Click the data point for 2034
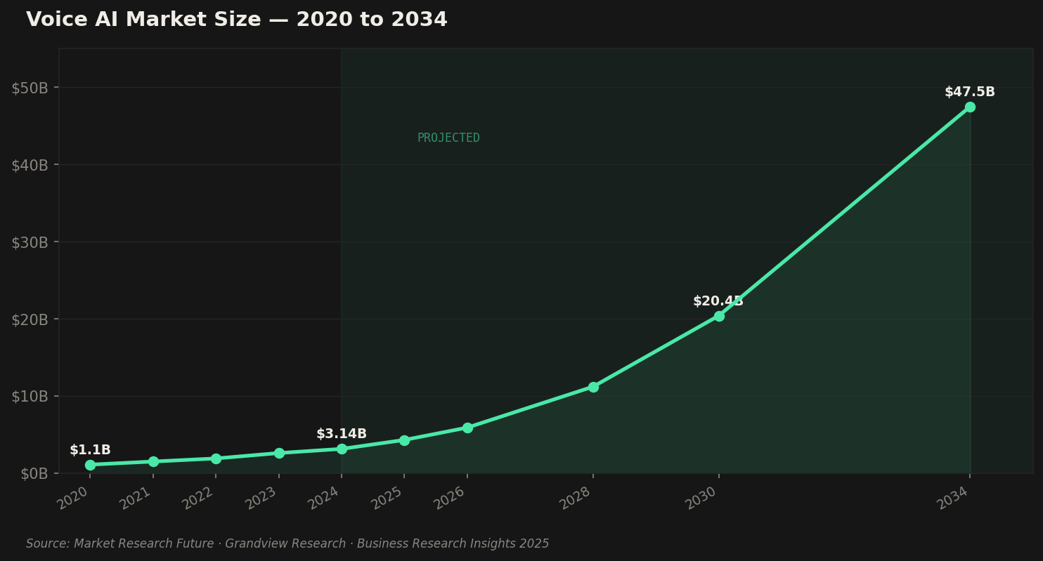click(x=970, y=107)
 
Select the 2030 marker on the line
click(x=719, y=316)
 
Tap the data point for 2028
click(x=593, y=387)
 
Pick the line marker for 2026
click(x=467, y=428)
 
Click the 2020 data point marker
click(x=90, y=465)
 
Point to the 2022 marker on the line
click(x=216, y=458)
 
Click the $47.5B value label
click(x=969, y=92)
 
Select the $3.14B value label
click(x=342, y=434)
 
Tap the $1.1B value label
click(x=90, y=450)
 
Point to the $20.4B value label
click(x=718, y=301)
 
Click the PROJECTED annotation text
click(x=448, y=138)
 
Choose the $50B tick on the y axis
click(x=30, y=88)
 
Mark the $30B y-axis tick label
click(x=30, y=242)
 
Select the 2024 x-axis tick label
click(x=325, y=498)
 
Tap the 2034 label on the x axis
click(x=953, y=498)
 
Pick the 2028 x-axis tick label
click(x=576, y=498)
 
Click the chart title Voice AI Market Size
click(x=236, y=20)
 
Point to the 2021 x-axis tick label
click(x=136, y=498)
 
